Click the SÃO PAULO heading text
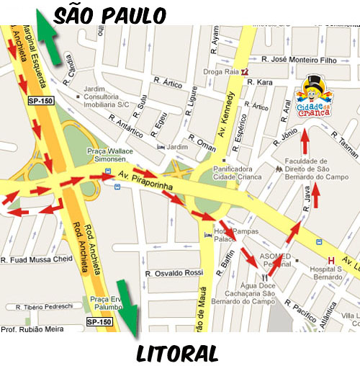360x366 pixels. click(109, 14)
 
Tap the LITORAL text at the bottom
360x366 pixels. click(176, 352)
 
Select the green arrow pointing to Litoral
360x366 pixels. click(127, 308)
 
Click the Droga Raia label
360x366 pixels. click(222, 72)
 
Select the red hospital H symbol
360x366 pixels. click(331, 260)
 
